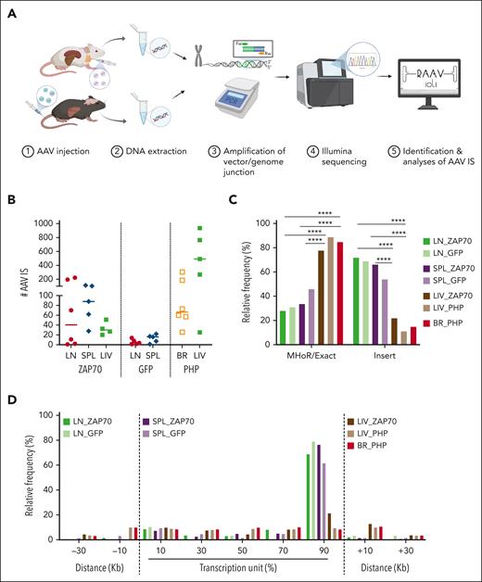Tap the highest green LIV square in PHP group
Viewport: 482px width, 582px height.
click(224, 228)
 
